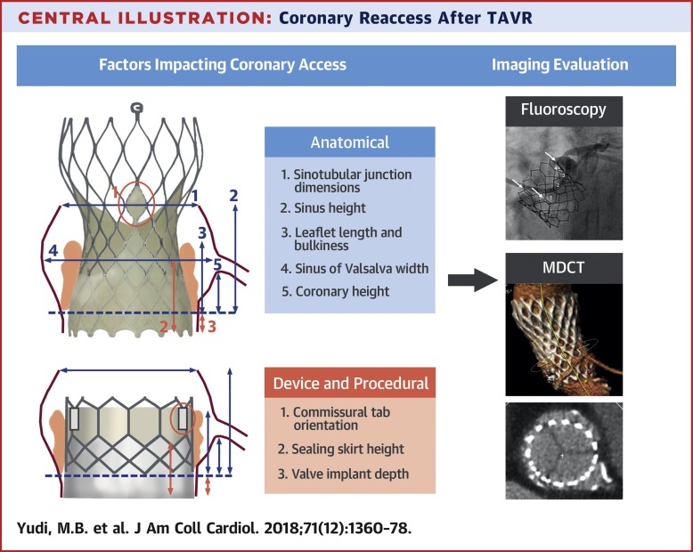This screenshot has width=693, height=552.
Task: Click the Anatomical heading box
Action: pos(349,142)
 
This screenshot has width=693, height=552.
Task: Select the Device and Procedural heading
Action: pos(349,383)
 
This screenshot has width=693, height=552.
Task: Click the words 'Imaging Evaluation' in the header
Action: pos(561,64)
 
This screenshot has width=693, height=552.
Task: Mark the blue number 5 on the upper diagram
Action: pos(217,264)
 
